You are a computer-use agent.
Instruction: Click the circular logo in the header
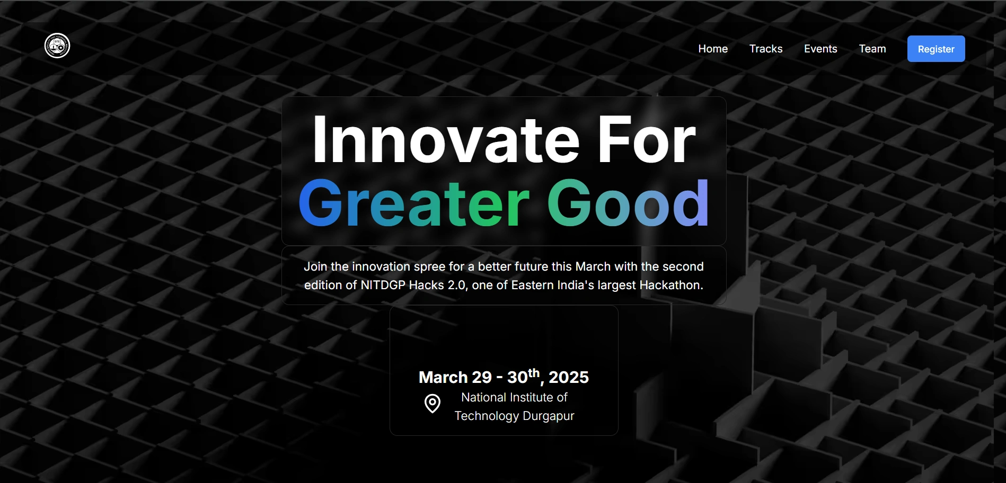tap(57, 46)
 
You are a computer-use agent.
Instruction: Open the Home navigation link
tap(712, 49)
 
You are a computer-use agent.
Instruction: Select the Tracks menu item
tap(765, 49)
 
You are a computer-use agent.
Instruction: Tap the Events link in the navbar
tap(820, 49)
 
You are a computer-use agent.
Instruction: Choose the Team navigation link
tap(872, 49)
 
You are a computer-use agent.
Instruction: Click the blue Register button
tap(936, 49)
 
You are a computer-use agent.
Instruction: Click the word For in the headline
tap(646, 140)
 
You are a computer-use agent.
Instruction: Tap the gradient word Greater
tap(413, 204)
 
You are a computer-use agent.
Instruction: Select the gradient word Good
tap(628, 204)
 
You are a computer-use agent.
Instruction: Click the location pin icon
tap(433, 404)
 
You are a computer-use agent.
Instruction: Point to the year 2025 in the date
tap(568, 378)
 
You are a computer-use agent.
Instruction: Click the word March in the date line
tap(443, 378)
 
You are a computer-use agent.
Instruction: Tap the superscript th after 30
tap(534, 373)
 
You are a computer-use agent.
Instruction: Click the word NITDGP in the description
tap(383, 285)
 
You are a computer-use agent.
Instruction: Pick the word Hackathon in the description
tap(671, 285)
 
